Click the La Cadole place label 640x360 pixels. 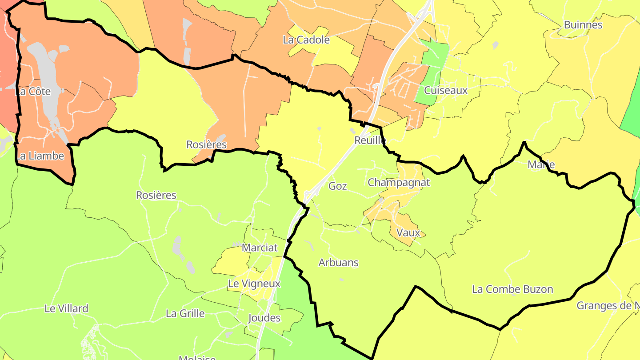point(306,40)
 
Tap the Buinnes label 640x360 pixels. point(583,25)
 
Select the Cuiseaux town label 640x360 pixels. point(446,91)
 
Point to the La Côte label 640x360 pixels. point(33,92)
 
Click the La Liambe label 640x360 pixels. point(40,156)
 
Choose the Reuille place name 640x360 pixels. point(370,140)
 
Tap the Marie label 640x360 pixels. point(541,165)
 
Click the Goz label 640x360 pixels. point(337,186)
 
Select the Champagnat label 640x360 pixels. point(399,183)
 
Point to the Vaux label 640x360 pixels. point(408,232)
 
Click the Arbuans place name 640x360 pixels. point(338,263)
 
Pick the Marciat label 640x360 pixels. point(260,248)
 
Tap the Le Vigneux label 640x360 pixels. point(254,284)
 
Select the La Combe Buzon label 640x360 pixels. point(512,289)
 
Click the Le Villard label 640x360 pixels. point(66,308)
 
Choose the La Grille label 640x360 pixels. point(185,313)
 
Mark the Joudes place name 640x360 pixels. point(264,318)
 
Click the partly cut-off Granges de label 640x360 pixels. point(608,306)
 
